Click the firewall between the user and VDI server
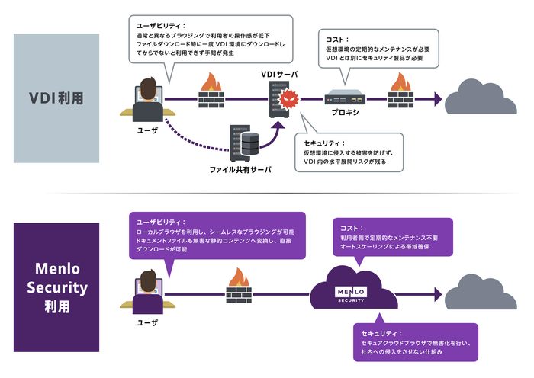210,94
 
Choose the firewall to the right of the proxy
400,94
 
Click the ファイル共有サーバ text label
240,169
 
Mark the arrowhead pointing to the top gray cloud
437,98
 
